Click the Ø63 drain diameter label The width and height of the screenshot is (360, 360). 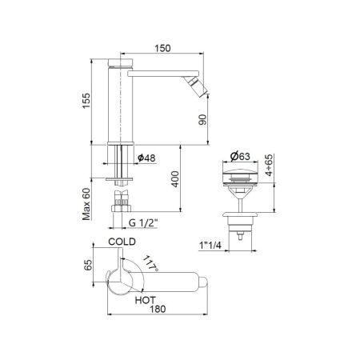pos(242,157)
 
